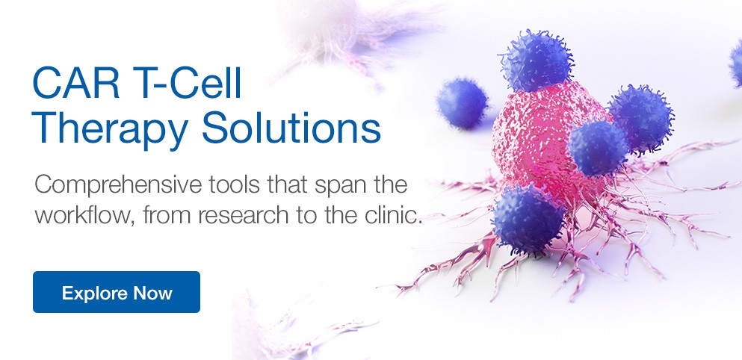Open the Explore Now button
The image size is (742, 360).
tap(117, 292)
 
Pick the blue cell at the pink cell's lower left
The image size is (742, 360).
tap(528, 218)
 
